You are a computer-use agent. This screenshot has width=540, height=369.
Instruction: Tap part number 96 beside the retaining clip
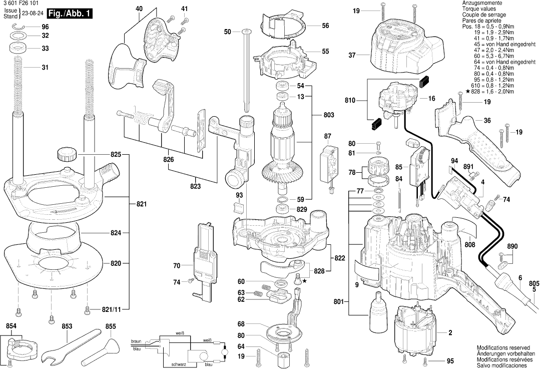[45, 27]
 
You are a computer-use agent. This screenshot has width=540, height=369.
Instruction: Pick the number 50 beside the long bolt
[228, 32]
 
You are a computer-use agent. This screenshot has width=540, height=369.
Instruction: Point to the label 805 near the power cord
[534, 282]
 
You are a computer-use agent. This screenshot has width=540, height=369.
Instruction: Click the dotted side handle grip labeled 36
[480, 150]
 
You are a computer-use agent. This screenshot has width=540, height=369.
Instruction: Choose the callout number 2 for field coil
[450, 333]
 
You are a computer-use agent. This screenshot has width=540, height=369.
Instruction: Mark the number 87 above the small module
[328, 136]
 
